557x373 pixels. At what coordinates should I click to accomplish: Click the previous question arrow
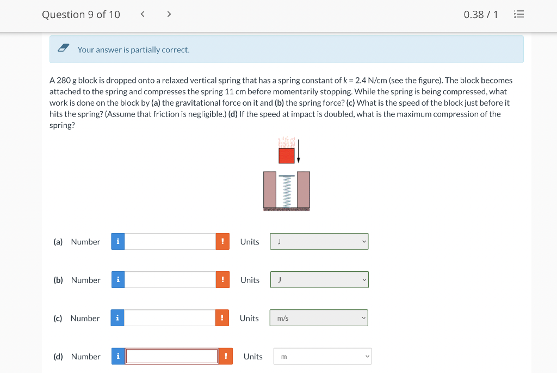click(143, 14)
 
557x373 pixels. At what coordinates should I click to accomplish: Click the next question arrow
click(169, 14)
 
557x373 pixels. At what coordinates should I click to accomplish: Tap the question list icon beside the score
click(519, 14)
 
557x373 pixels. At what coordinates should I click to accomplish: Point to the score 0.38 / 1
click(481, 15)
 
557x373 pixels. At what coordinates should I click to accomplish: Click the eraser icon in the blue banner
click(63, 48)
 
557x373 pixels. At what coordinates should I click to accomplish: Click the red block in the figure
click(287, 156)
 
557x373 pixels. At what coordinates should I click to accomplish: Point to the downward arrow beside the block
click(299, 151)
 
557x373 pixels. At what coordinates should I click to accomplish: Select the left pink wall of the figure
click(270, 189)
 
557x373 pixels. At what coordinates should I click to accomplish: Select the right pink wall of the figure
click(304, 189)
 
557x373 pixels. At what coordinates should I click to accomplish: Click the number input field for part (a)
click(170, 241)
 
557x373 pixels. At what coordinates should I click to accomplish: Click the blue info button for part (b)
click(118, 280)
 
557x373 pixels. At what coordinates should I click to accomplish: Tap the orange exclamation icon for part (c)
click(222, 318)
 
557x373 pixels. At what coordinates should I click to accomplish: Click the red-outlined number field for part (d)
click(172, 356)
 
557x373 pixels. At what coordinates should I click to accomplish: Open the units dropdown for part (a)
click(319, 241)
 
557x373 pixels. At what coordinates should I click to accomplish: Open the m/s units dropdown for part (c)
click(319, 318)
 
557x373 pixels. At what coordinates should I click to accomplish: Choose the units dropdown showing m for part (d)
click(323, 356)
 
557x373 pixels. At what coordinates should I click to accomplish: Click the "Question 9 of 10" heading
click(81, 15)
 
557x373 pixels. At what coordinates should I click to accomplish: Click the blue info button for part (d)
click(118, 356)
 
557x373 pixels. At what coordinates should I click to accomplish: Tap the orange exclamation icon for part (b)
click(222, 280)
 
